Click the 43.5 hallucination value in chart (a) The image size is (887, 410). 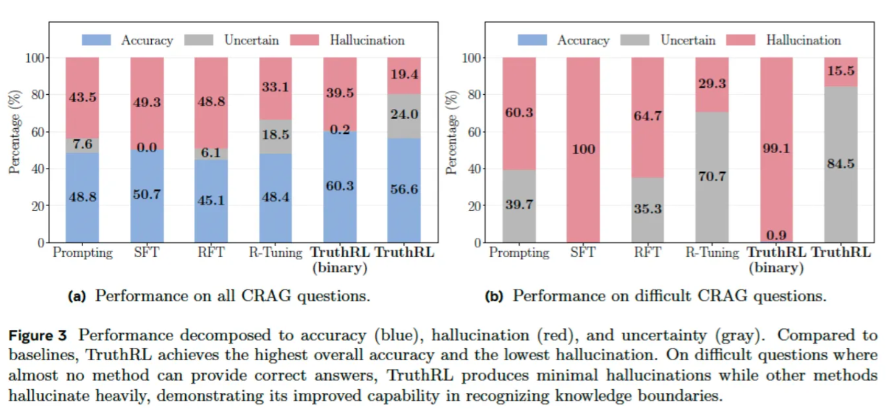[x=82, y=97]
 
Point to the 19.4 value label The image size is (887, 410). [x=404, y=74]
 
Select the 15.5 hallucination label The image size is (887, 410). [x=840, y=71]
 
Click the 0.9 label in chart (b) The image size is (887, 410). [x=776, y=236]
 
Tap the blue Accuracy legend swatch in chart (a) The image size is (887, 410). [x=96, y=40]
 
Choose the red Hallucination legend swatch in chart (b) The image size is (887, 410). [x=740, y=40]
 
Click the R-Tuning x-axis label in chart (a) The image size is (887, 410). [x=276, y=253]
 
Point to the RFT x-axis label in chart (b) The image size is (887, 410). [x=647, y=253]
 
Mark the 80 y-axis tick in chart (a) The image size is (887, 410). [x=38, y=95]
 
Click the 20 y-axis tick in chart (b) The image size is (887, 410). [x=474, y=206]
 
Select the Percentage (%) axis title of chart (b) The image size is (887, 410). [x=451, y=132]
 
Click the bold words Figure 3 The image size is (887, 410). [x=38, y=335]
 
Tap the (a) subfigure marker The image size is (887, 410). [x=76, y=297]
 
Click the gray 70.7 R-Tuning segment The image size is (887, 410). [x=712, y=177]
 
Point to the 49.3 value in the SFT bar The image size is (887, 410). [x=147, y=102]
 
